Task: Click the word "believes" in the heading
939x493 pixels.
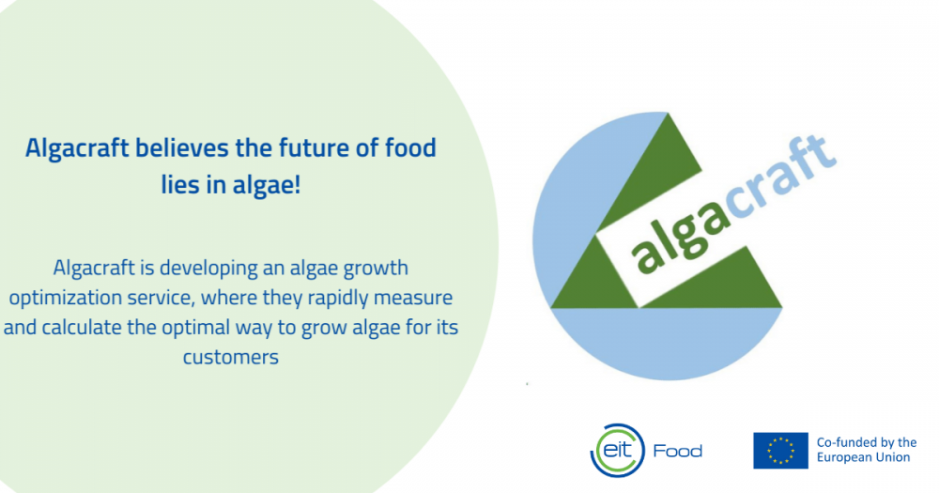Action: [x=181, y=148]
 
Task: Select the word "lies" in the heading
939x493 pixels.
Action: [x=179, y=184]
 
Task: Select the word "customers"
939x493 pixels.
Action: [x=231, y=358]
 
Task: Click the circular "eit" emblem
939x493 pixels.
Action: [x=618, y=451]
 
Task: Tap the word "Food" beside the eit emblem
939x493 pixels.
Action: [x=677, y=451]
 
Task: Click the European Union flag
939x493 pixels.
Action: [x=780, y=451]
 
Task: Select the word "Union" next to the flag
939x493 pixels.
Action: [x=894, y=457]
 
